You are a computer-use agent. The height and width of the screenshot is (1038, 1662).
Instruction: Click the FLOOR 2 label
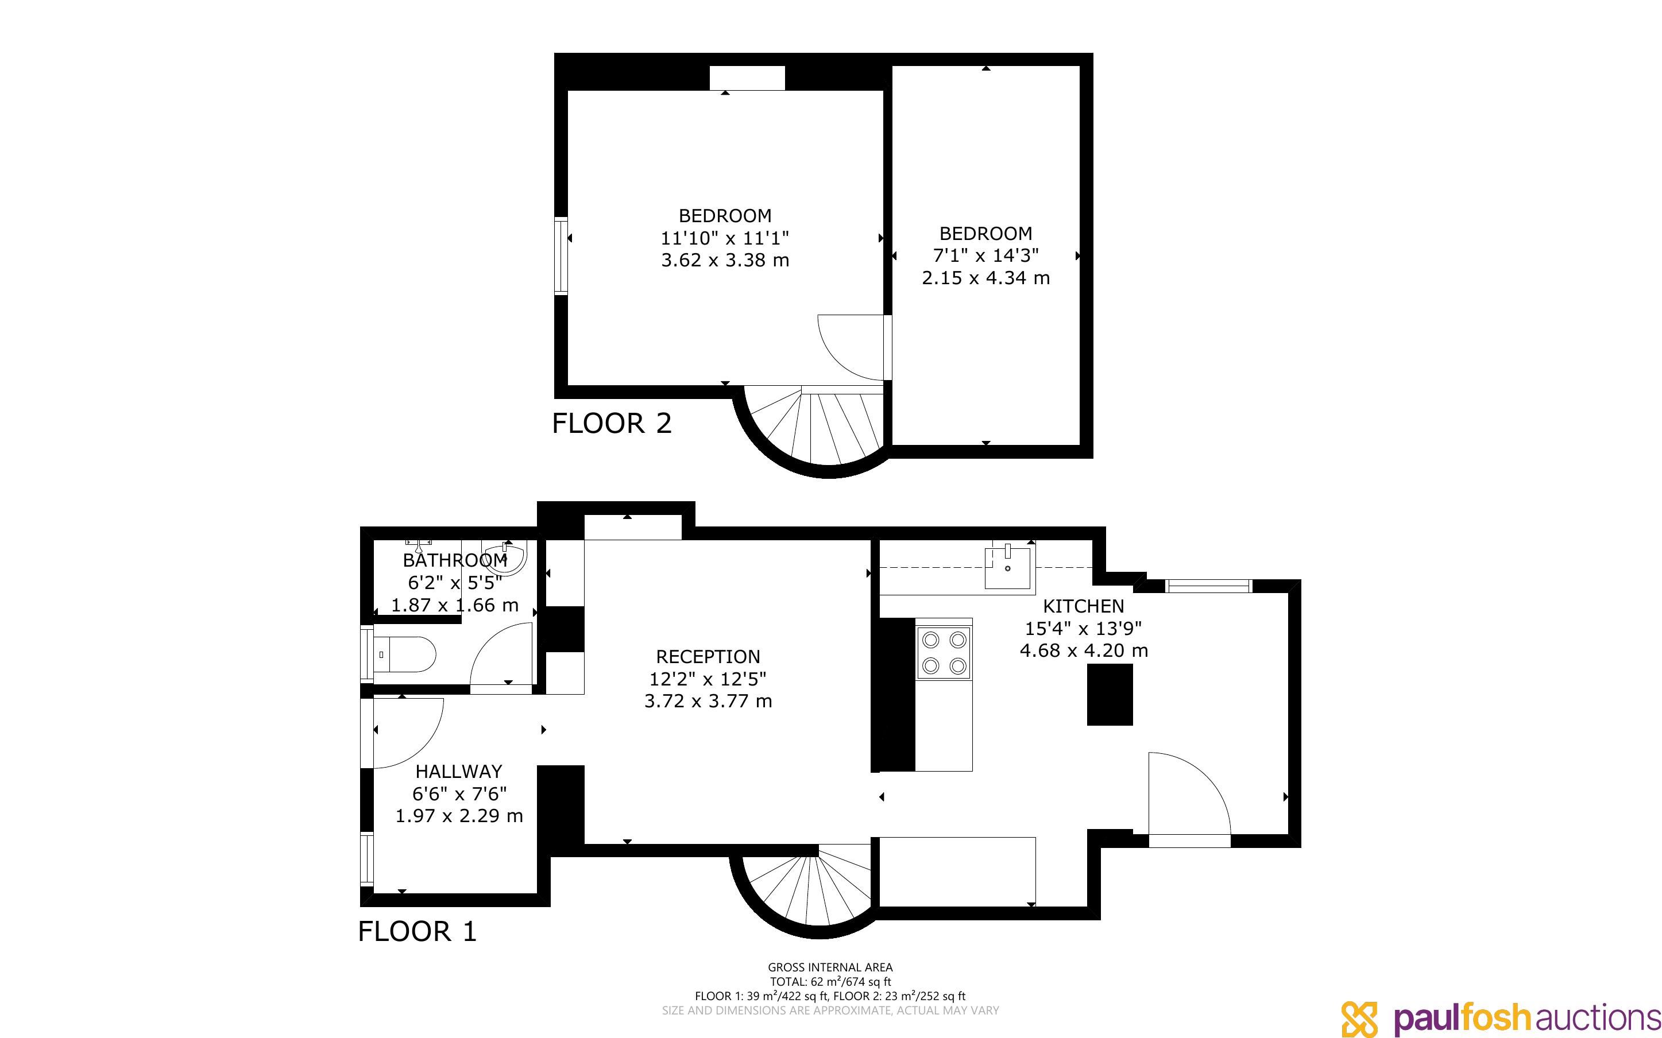[612, 423]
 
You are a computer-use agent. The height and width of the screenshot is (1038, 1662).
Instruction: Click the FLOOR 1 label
[418, 932]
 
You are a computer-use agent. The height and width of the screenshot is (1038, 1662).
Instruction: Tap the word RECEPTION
[708, 656]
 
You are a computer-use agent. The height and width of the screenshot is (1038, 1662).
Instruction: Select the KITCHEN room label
[1083, 606]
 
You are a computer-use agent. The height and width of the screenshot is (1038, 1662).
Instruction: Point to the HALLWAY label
[459, 771]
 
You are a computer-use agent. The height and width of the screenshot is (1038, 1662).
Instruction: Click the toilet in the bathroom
[405, 655]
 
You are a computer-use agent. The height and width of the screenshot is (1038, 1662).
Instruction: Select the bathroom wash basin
[505, 557]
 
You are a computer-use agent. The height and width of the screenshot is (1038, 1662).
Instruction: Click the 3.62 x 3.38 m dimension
[725, 260]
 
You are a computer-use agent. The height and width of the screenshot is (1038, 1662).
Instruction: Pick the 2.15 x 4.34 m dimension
[986, 278]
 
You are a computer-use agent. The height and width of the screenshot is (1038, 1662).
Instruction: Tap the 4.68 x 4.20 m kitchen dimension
[1084, 650]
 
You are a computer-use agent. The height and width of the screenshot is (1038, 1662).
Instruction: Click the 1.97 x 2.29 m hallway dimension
[459, 816]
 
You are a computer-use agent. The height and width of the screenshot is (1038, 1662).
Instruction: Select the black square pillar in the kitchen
[1110, 694]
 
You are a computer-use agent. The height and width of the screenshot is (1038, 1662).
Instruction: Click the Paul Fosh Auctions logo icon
[1359, 1018]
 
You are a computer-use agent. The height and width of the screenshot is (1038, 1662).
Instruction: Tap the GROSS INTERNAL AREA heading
[830, 967]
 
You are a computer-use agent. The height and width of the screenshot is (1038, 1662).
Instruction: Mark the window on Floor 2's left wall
[562, 255]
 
